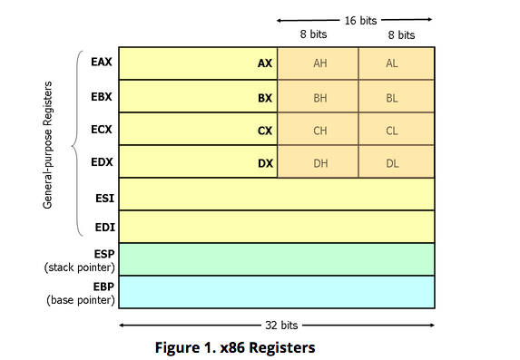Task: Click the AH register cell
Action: coord(319,63)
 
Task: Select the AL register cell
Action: coord(392,63)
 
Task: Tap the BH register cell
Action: coord(319,96)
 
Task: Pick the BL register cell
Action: coord(392,96)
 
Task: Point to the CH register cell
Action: coord(319,130)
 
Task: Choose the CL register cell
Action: coord(392,130)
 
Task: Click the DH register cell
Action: coord(319,162)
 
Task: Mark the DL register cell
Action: coord(392,162)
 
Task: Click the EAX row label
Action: coord(102,63)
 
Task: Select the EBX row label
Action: coord(102,95)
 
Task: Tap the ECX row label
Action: coord(102,129)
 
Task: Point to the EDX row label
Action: coord(102,162)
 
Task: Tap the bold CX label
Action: coord(265,130)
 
